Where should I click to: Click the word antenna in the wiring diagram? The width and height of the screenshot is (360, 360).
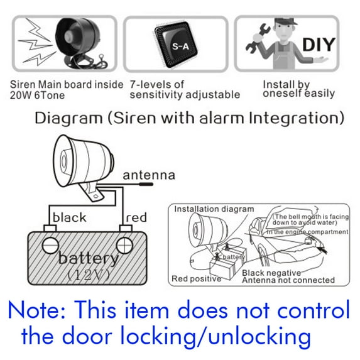click(148, 175)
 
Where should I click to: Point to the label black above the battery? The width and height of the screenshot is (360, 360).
click(70, 217)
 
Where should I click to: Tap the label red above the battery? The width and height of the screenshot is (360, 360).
click(136, 217)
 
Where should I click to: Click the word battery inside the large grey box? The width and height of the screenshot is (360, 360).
click(88, 258)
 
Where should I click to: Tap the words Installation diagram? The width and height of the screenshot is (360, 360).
click(214, 209)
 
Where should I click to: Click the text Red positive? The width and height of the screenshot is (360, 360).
click(196, 278)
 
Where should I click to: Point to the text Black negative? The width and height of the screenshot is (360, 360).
click(271, 273)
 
